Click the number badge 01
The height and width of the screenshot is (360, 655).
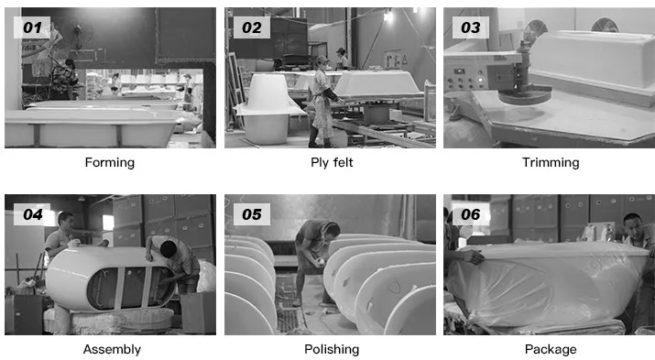coord(32,27)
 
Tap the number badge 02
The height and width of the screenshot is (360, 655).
coord(252,27)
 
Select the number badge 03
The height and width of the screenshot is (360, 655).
coord(470,27)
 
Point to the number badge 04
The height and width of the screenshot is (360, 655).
coord(32,214)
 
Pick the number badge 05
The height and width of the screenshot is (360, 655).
coord(252,214)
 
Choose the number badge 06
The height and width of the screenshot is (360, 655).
coord(470,214)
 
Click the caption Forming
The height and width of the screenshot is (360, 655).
coord(109,162)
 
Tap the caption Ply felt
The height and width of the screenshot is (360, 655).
coord(332,162)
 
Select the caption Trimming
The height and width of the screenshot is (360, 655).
coord(551,162)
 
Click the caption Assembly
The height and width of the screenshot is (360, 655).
coord(112,349)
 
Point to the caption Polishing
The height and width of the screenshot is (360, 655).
coord(332,349)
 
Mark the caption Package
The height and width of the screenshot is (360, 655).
coord(551,349)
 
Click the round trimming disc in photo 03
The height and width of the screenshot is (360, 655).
coord(525,94)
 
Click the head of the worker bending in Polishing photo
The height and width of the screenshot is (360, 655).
coord(332,229)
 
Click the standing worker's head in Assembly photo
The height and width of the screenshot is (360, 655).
coord(66,219)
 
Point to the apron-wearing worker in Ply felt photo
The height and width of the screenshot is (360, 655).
coord(323,101)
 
